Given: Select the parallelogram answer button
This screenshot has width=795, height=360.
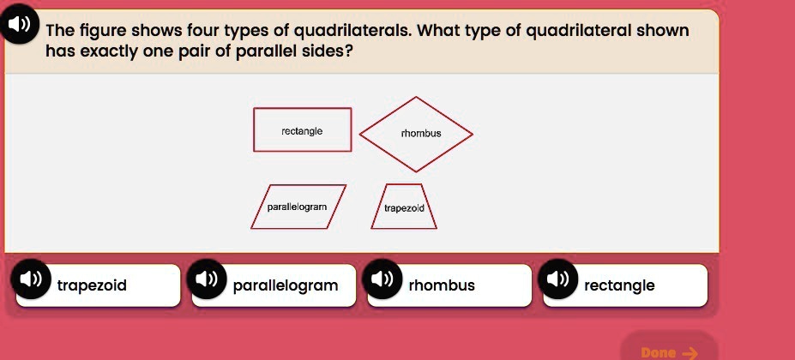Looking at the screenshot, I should [283, 285].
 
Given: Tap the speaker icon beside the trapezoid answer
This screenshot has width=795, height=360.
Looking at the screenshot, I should [29, 280].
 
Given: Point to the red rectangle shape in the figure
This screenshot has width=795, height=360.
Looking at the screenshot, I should [302, 130].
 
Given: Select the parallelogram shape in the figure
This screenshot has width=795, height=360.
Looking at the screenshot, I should [298, 207].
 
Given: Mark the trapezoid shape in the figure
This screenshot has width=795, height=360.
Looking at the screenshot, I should [404, 207].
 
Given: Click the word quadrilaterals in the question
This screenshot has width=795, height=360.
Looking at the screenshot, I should [352, 32].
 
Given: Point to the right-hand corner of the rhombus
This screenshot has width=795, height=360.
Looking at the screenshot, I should [472, 133].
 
